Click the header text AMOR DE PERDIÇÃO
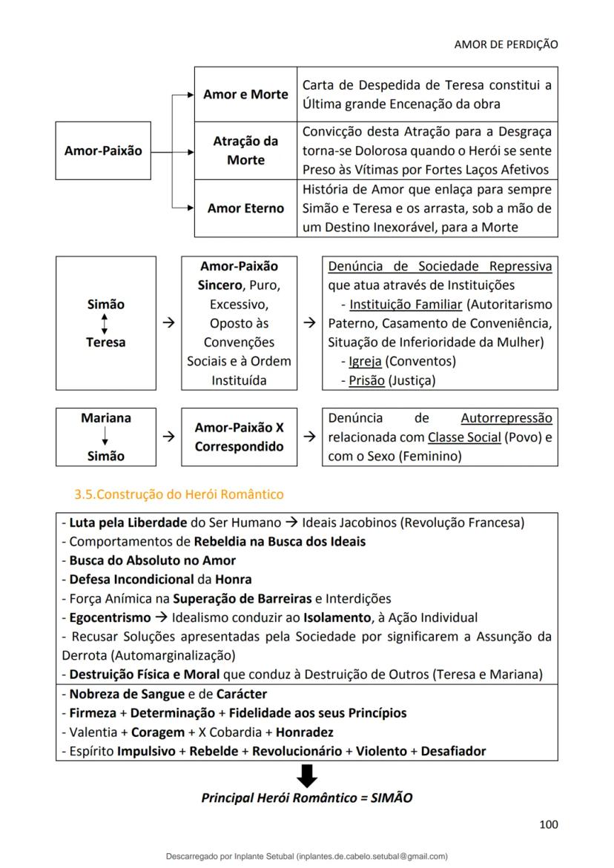(x=506, y=44)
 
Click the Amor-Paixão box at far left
(x=103, y=150)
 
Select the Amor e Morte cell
(x=245, y=95)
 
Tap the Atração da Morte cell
(x=245, y=150)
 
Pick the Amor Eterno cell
(x=245, y=208)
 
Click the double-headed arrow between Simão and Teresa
(x=105, y=323)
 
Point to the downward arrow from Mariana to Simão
(x=105, y=437)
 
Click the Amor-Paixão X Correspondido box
(x=239, y=437)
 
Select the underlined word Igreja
(x=366, y=362)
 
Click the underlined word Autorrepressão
(x=506, y=418)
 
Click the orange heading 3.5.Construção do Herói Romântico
(x=179, y=494)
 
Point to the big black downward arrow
(x=306, y=775)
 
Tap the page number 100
(x=548, y=824)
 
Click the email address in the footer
(x=372, y=856)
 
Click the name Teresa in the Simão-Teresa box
(x=105, y=342)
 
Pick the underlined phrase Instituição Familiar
(x=406, y=304)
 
